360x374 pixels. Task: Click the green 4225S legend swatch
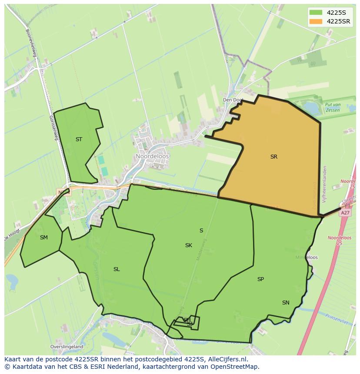pyautogui.click(x=316, y=12)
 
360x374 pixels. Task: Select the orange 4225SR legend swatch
pyautogui.click(x=316, y=21)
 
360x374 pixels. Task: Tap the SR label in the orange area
pyautogui.click(x=273, y=157)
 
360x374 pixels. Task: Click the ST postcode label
pyautogui.click(x=79, y=139)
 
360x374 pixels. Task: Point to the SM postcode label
pyautogui.click(x=43, y=237)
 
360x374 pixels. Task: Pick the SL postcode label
pyautogui.click(x=117, y=269)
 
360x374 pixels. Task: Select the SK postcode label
pyautogui.click(x=188, y=245)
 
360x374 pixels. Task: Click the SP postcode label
pyautogui.click(x=260, y=279)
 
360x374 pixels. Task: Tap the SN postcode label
pyautogui.click(x=286, y=303)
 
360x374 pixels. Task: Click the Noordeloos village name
pyautogui.click(x=152, y=156)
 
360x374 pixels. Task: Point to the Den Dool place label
pyautogui.click(x=232, y=100)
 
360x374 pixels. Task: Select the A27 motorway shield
pyautogui.click(x=345, y=213)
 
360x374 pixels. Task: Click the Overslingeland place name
pyautogui.click(x=67, y=347)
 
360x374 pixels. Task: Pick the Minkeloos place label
pyautogui.click(x=307, y=257)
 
